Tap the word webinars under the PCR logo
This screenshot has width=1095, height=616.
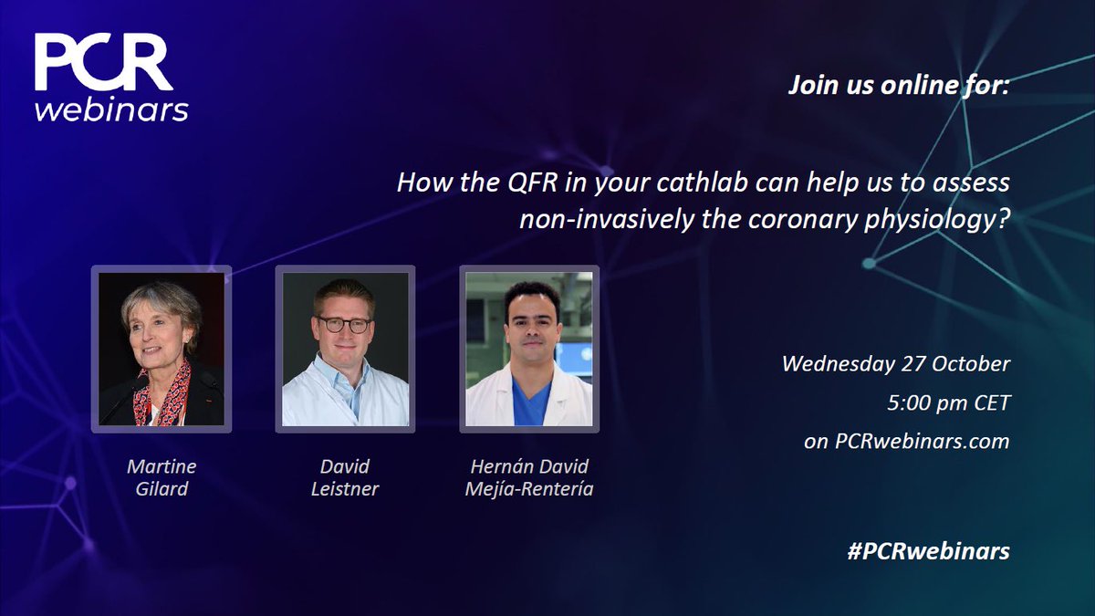pyautogui.click(x=111, y=109)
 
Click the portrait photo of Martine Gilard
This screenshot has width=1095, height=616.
pyautogui.click(x=162, y=349)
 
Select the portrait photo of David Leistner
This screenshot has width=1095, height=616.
pyautogui.click(x=345, y=349)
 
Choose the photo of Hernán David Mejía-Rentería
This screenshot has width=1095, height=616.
pyautogui.click(x=529, y=349)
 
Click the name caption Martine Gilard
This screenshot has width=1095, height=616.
pyautogui.click(x=162, y=477)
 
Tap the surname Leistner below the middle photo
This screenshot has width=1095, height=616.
pyautogui.click(x=345, y=489)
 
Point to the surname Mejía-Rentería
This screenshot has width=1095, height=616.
pyautogui.click(x=529, y=489)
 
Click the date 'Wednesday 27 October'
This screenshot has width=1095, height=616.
pyautogui.click(x=895, y=363)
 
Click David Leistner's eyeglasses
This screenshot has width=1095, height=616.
pyautogui.click(x=344, y=324)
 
